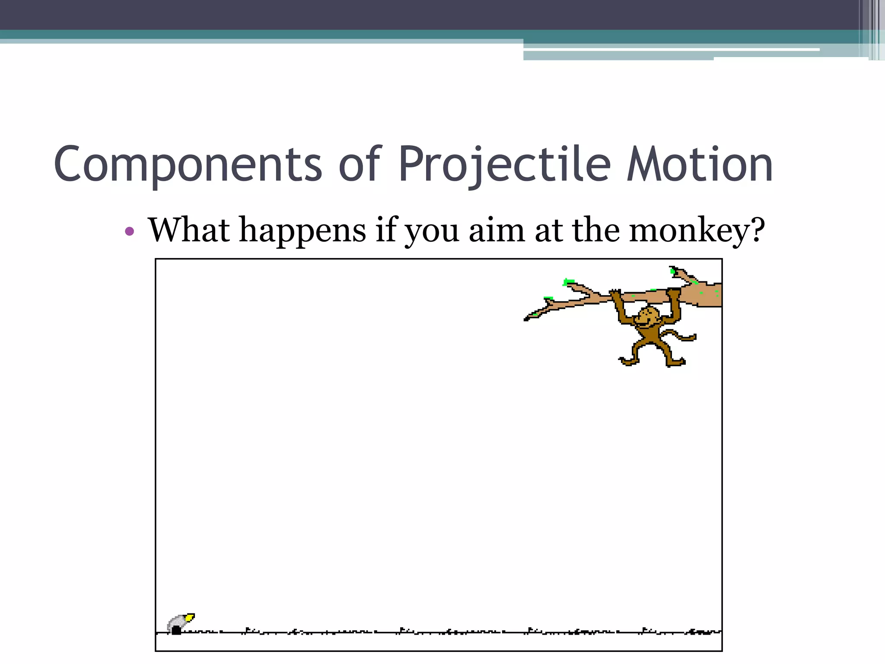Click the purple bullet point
[129, 231]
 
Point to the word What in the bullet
[189, 230]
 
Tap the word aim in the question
[497, 230]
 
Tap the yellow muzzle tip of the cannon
[190, 617]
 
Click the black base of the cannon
[176, 630]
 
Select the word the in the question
[596, 230]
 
